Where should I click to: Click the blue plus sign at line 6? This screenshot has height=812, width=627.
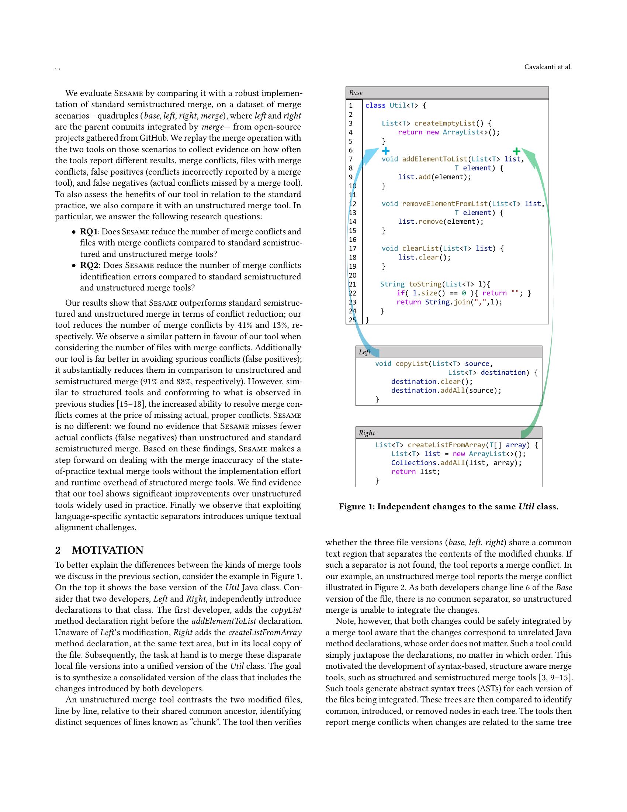click(x=385, y=151)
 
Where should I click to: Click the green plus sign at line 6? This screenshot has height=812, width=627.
click(x=516, y=151)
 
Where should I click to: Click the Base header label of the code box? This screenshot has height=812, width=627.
click(x=356, y=93)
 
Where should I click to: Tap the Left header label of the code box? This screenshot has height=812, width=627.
click(x=364, y=352)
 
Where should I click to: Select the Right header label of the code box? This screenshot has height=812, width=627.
click(x=367, y=433)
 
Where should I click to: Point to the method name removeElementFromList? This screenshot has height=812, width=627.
click(x=445, y=204)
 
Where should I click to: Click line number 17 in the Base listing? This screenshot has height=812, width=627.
click(x=353, y=248)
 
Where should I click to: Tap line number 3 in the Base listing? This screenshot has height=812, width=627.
click(x=351, y=123)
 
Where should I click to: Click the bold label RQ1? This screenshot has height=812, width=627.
click(x=89, y=232)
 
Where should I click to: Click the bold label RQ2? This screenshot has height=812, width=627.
click(x=89, y=265)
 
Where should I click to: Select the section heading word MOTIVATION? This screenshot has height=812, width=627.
click(x=108, y=550)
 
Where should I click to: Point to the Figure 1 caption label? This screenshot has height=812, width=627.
click(x=356, y=506)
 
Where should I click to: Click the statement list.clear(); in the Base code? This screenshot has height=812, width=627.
click(x=424, y=257)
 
